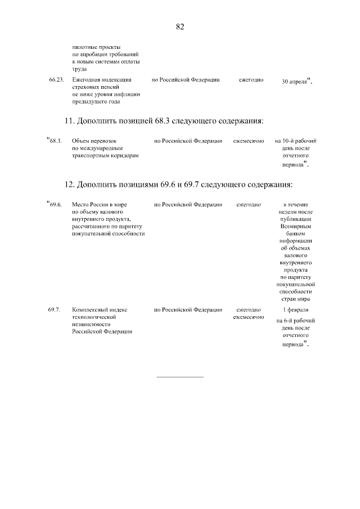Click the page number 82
[180, 26]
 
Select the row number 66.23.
[56, 80]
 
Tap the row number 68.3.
[55, 141]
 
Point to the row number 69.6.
[55, 204]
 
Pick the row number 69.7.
[54, 310]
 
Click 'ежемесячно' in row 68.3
[249, 141]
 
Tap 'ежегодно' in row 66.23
[251, 80]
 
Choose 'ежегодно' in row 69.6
[248, 204]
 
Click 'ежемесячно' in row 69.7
[249, 317]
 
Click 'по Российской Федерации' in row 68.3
[188, 141]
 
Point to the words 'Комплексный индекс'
[100, 310]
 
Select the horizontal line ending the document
[179, 376]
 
